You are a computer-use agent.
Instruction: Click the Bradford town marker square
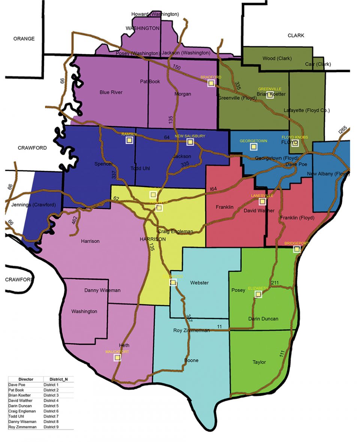(211, 83)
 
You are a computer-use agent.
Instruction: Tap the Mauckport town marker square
(117, 358)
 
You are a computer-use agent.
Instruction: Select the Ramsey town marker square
(129, 140)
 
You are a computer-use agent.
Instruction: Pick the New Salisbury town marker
(190, 142)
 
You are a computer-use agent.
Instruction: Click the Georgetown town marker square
(253, 147)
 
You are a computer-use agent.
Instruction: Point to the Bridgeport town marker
(297, 249)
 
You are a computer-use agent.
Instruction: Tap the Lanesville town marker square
(262, 202)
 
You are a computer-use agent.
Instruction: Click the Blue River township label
(111, 93)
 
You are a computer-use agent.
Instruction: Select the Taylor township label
(259, 362)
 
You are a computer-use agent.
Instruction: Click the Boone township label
(191, 361)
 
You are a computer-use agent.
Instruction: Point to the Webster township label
(199, 283)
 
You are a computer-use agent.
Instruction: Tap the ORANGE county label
(24, 39)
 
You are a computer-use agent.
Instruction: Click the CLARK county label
(296, 36)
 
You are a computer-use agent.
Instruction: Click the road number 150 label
(177, 67)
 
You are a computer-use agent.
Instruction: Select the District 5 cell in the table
(51, 406)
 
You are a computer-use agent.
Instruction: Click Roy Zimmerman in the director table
(22, 427)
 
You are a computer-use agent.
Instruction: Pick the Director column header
(25, 379)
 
